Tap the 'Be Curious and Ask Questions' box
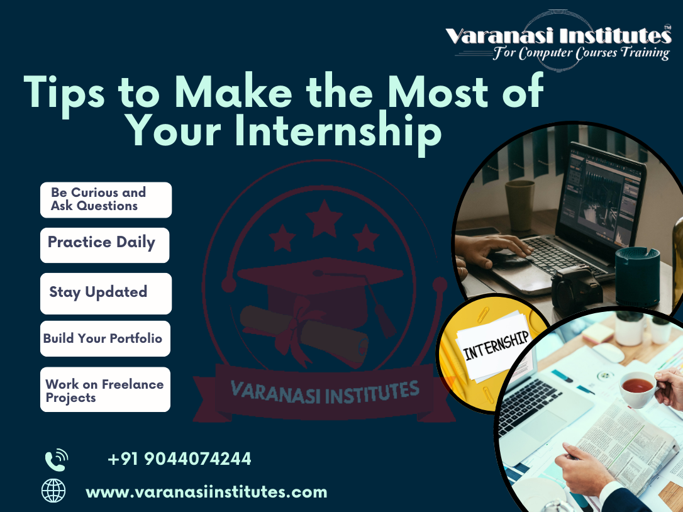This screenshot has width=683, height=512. (x=106, y=199)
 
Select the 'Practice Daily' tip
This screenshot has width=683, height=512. (x=104, y=245)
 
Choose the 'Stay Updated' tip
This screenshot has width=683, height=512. (x=106, y=293)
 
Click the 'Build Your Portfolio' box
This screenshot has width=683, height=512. (x=105, y=339)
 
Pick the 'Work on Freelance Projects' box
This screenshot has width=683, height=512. (x=105, y=390)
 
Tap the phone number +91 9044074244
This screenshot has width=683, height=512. (x=179, y=459)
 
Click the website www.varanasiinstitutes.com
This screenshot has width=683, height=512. (x=206, y=492)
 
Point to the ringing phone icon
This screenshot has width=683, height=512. (x=55, y=459)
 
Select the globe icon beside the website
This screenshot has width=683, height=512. (x=53, y=491)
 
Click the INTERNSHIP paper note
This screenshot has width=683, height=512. (x=494, y=348)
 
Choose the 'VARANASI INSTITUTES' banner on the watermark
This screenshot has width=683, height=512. (x=325, y=391)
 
